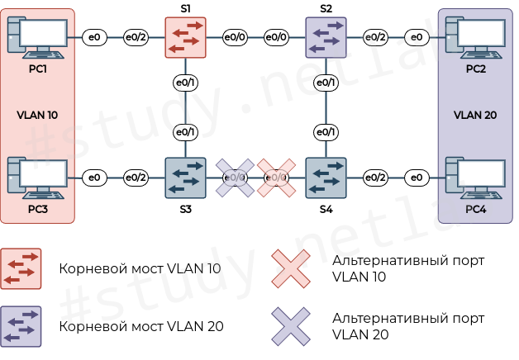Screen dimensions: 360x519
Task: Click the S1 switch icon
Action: tap(186, 37)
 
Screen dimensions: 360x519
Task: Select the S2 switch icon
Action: tap(326, 37)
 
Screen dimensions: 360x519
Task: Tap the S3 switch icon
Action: tap(186, 177)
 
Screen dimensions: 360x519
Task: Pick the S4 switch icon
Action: tap(326, 177)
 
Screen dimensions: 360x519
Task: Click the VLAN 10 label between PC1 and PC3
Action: tap(37, 115)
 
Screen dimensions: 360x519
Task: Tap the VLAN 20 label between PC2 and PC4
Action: tap(475, 115)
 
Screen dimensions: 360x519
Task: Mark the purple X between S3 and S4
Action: tap(236, 177)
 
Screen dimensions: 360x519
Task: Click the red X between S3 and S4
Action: tap(277, 177)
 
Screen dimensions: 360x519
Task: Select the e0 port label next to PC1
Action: tap(94, 37)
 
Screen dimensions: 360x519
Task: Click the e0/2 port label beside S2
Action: tap(376, 37)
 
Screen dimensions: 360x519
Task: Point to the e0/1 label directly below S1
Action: tap(186, 83)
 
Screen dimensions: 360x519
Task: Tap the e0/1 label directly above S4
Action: tap(326, 132)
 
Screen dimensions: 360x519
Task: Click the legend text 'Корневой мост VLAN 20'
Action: tap(141, 326)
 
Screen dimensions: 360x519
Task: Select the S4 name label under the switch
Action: tap(326, 210)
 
